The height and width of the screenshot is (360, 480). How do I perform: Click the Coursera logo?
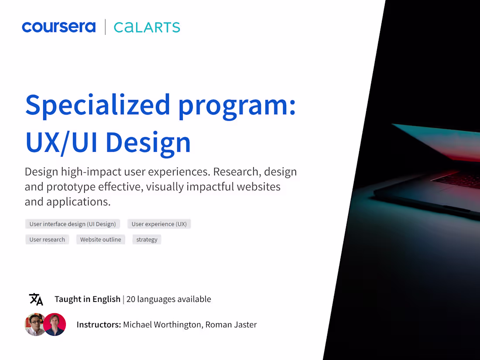pyautogui.click(x=58, y=27)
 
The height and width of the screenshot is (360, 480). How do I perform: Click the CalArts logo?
pyautogui.click(x=147, y=27)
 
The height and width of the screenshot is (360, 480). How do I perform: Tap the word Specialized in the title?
pyautogui.click(x=98, y=105)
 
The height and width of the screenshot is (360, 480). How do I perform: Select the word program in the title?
pyautogui.click(x=237, y=105)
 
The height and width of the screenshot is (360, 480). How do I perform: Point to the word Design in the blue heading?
pyautogui.click(x=148, y=142)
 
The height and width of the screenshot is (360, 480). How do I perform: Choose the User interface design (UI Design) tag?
pyautogui.click(x=72, y=224)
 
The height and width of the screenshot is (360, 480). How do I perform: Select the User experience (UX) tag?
pyautogui.click(x=159, y=224)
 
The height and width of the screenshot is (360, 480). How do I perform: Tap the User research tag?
pyautogui.click(x=47, y=240)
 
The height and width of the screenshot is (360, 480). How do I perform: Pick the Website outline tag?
pyautogui.click(x=100, y=240)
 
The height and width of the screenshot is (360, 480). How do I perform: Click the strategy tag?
pyautogui.click(x=147, y=240)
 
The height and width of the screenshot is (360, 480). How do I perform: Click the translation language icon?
pyautogui.click(x=36, y=299)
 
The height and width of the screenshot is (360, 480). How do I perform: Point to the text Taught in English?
pyautogui.click(x=87, y=299)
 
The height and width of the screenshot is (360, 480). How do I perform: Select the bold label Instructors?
pyautogui.click(x=99, y=325)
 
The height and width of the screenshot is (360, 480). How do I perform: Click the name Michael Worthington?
pyautogui.click(x=163, y=325)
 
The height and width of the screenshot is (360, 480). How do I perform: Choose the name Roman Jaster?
pyautogui.click(x=231, y=325)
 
